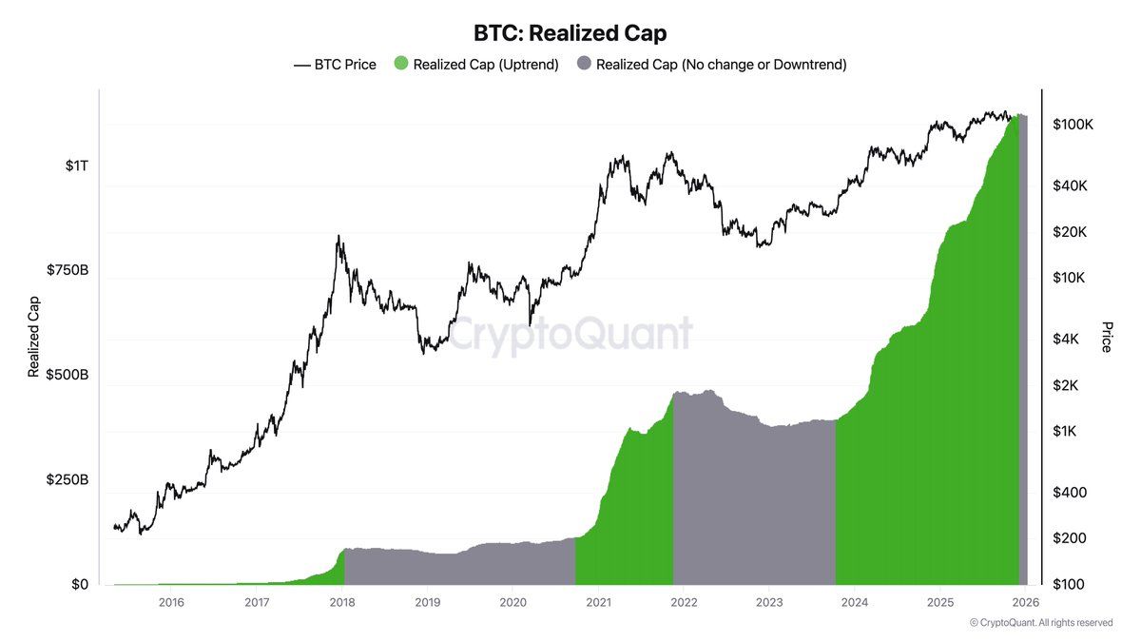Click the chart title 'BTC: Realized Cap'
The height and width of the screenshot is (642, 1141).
tap(570, 33)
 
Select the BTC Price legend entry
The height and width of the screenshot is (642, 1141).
tap(336, 65)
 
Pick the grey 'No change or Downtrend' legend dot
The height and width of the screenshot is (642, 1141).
tap(584, 65)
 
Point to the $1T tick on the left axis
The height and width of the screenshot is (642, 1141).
tap(77, 165)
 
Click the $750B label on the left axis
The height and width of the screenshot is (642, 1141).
tap(68, 270)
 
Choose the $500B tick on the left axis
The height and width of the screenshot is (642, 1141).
tap(68, 375)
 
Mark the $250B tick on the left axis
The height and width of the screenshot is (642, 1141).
tap(68, 480)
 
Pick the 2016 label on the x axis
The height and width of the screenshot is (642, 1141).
tap(171, 602)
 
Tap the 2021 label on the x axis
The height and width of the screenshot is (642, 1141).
tap(598, 602)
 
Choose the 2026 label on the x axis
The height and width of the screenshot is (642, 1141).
tap(1025, 602)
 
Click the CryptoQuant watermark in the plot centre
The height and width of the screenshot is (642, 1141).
tap(570, 335)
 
